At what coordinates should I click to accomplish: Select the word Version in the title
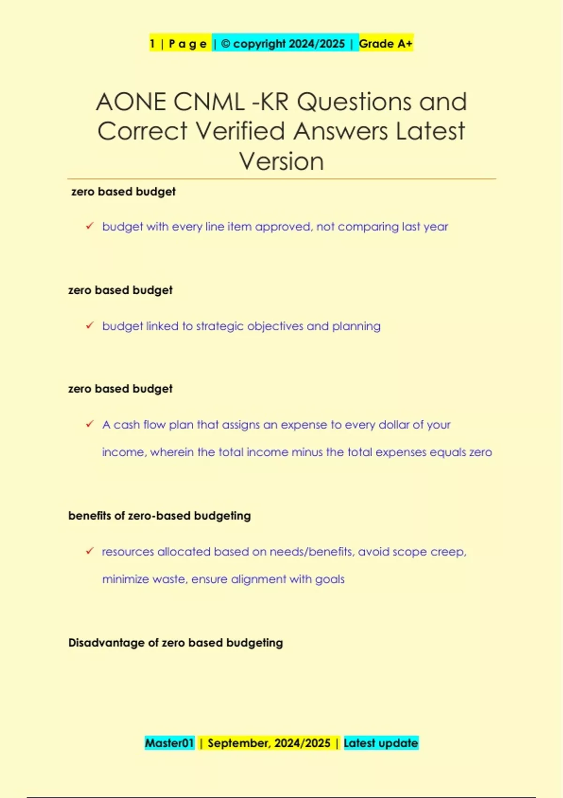[281, 161]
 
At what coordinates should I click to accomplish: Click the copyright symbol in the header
[225, 44]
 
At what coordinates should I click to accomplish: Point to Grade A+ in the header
[386, 44]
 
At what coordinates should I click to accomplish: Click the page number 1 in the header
[152, 44]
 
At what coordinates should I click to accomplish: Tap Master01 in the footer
[169, 743]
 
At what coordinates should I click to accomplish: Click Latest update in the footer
[380, 743]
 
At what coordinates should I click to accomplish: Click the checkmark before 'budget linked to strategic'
[90, 325]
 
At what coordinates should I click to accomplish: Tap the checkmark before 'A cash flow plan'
[90, 424]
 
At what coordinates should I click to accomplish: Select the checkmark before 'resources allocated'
[90, 551]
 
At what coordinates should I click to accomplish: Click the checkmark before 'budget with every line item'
[90, 226]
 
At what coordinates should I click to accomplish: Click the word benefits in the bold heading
[90, 515]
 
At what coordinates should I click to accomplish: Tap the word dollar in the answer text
[394, 425]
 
